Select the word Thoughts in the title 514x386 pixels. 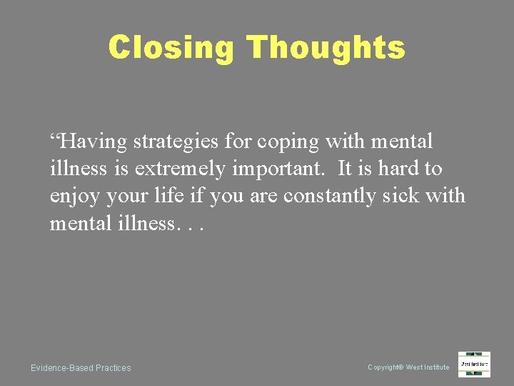pos(326,48)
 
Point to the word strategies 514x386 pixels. pos(176,142)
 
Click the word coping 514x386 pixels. pos(286,142)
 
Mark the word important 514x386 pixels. pos(279,169)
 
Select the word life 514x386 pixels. pos(173,196)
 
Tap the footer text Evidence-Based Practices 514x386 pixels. pos(81,368)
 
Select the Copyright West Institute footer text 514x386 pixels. pos(408,367)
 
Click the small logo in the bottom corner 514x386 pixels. pos(474,364)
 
